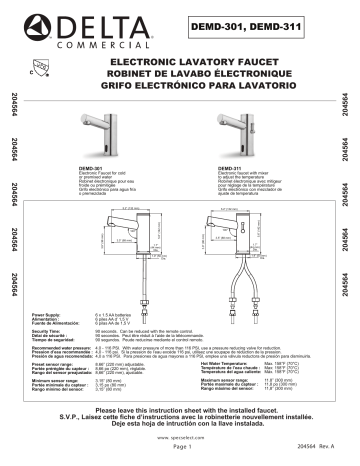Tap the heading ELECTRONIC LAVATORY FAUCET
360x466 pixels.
coord(180,62)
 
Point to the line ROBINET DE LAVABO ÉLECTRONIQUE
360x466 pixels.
coord(180,74)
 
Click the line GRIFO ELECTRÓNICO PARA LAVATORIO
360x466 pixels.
coord(180,86)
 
